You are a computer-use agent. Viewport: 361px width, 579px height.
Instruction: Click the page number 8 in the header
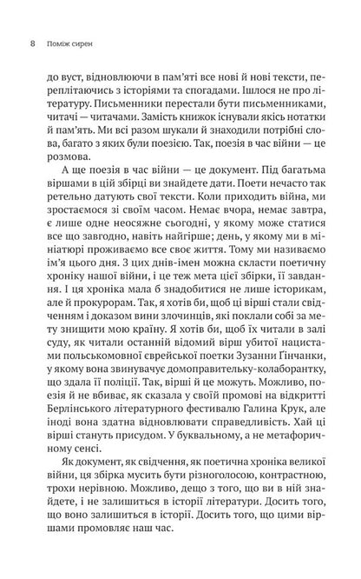33,40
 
